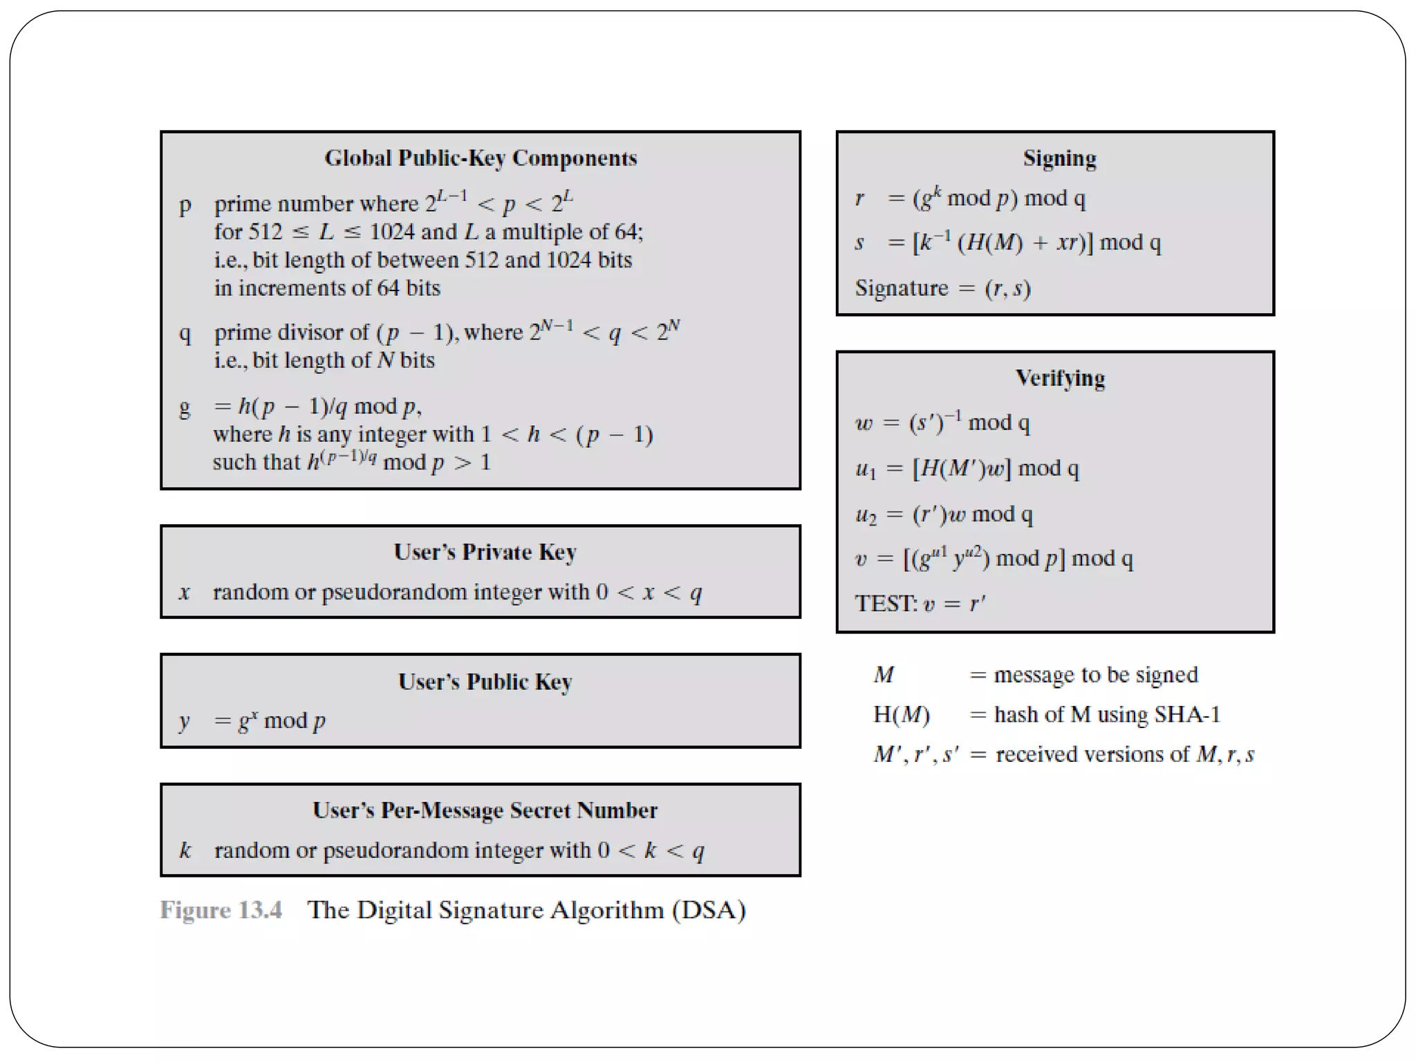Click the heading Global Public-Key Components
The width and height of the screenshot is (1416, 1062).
tap(481, 158)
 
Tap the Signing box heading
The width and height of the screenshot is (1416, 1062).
tap(1059, 158)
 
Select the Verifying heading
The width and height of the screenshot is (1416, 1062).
tap(1060, 378)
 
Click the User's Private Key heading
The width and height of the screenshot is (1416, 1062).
tap(485, 552)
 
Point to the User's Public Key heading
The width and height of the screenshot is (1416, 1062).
tap(485, 682)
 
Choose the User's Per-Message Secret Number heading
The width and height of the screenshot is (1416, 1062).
tap(485, 810)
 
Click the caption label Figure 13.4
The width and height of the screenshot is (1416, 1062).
tap(221, 910)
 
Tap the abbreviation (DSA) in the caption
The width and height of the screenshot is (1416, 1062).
tap(709, 910)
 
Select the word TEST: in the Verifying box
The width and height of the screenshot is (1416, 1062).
tap(886, 604)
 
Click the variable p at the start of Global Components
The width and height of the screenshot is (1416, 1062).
tap(185, 205)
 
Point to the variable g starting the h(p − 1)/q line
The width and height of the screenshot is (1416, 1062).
tap(185, 407)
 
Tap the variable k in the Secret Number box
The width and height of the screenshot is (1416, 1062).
tap(185, 850)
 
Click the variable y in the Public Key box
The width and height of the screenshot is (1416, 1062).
tap(185, 722)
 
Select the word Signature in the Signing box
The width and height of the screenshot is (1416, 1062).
tap(901, 288)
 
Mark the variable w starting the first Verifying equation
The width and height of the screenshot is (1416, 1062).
tap(864, 422)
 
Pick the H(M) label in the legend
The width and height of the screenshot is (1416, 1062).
tap(901, 714)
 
